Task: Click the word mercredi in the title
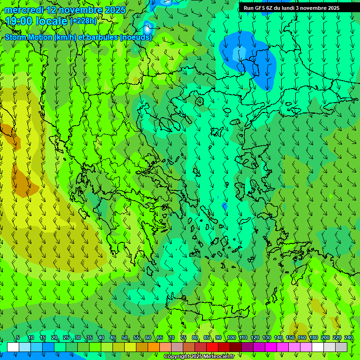click(x=23, y=10)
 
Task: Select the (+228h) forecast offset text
click(x=83, y=21)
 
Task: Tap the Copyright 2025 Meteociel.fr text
click(x=199, y=357)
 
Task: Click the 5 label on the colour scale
click(x=18, y=337)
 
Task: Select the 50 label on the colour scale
click(x=125, y=337)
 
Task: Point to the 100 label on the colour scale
click(x=232, y=337)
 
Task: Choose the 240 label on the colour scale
click(x=349, y=337)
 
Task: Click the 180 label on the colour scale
click(x=314, y=337)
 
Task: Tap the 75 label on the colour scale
click(x=183, y=337)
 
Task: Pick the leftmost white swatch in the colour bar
click(x=13, y=347)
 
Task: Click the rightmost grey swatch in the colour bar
click(x=341, y=347)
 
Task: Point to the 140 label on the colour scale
click(x=278, y=337)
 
